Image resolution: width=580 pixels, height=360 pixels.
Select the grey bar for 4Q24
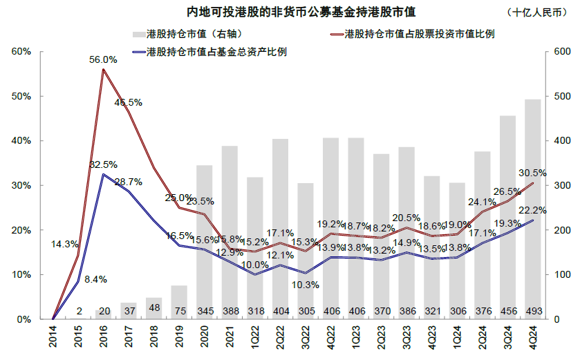pyautogui.click(x=532, y=207)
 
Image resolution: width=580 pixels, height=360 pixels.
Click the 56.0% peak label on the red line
pyautogui.click(x=103, y=60)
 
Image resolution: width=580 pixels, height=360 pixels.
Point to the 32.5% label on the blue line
pyautogui.click(x=103, y=164)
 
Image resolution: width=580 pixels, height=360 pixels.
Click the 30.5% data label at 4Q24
pyautogui.click(x=532, y=173)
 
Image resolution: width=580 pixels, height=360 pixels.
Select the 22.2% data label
pyautogui.click(x=532, y=209)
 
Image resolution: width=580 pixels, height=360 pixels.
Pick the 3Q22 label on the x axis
pyautogui.click(x=306, y=339)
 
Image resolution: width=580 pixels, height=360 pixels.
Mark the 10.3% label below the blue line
pyautogui.click(x=304, y=284)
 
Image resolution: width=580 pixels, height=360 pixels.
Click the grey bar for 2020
pyautogui.click(x=205, y=242)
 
